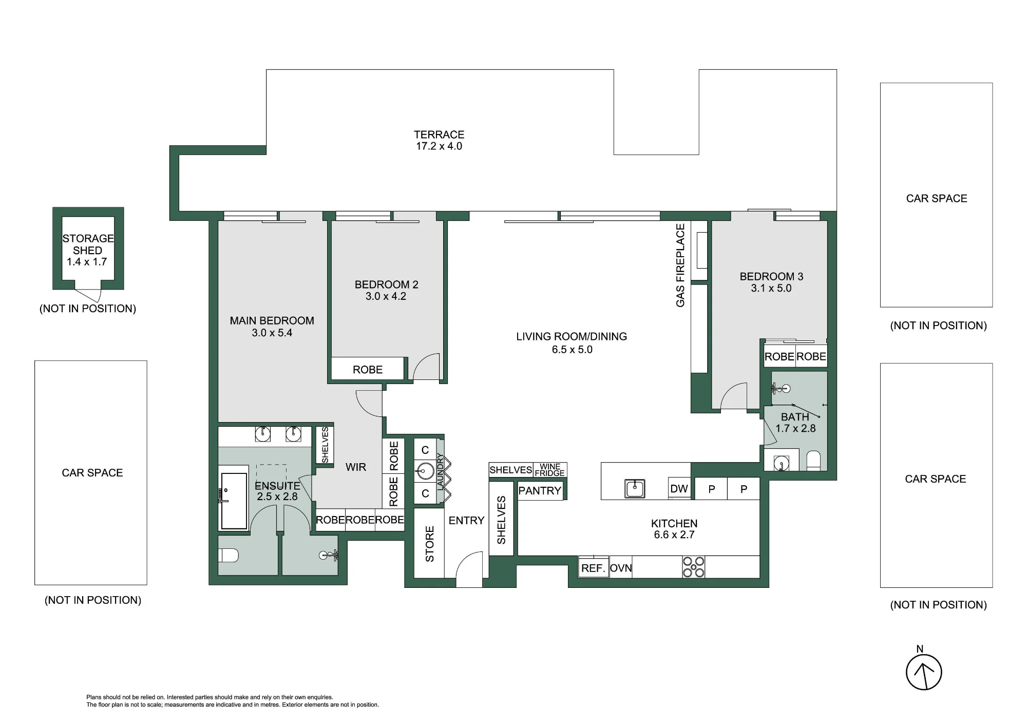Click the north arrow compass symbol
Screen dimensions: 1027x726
click(x=924, y=672)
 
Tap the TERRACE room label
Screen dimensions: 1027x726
click(x=439, y=135)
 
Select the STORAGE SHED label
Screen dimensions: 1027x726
click(x=88, y=244)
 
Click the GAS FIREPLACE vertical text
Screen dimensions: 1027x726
click(x=680, y=265)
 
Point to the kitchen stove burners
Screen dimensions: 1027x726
click(x=694, y=567)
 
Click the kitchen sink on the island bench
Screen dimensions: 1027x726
click(x=635, y=488)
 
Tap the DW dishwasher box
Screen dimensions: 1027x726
click(x=679, y=488)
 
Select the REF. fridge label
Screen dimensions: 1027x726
click(x=593, y=568)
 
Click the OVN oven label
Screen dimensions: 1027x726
click(x=621, y=568)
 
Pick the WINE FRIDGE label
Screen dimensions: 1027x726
click(x=550, y=470)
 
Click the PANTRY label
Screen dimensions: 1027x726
click(x=540, y=490)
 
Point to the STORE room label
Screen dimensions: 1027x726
click(x=430, y=544)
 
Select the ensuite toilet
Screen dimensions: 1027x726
click(x=229, y=555)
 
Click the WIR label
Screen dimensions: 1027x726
click(x=356, y=467)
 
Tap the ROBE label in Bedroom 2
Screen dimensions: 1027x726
click(x=368, y=370)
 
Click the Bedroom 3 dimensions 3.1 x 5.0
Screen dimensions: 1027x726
click(x=771, y=288)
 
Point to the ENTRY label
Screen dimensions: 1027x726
click(x=466, y=521)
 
